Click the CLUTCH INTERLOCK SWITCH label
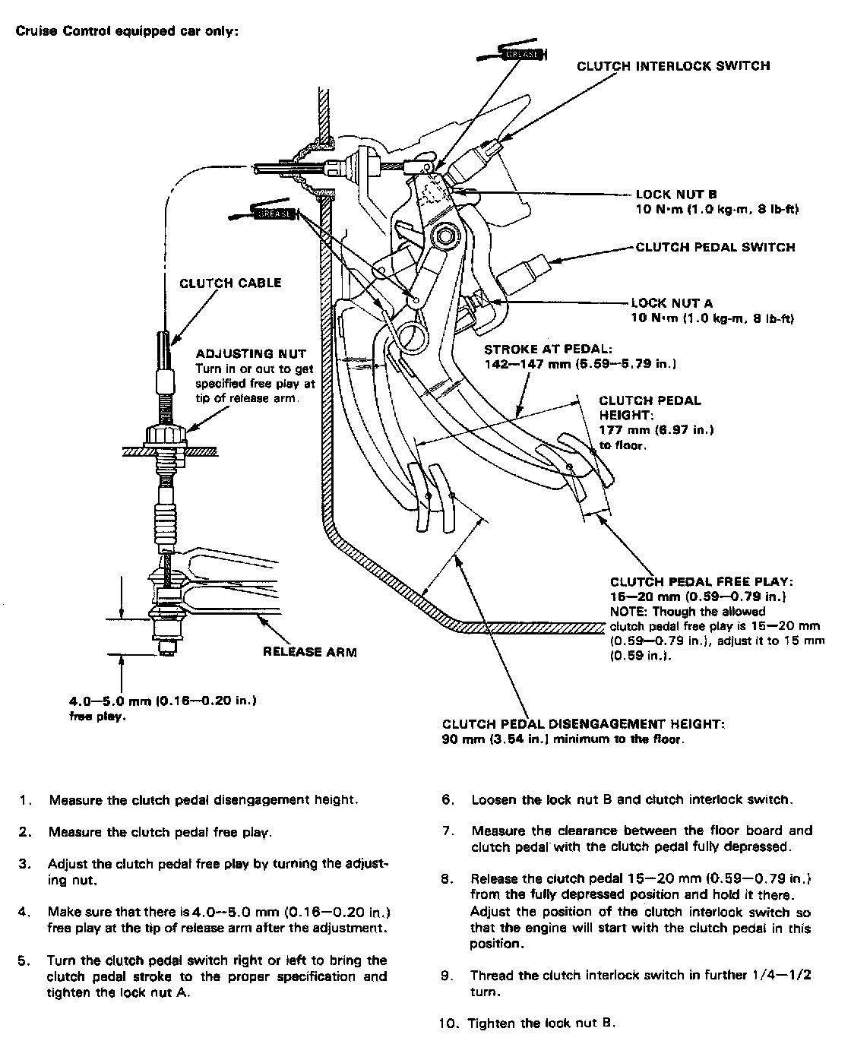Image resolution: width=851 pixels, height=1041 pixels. [673, 65]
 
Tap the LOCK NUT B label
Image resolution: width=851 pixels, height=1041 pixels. [676, 195]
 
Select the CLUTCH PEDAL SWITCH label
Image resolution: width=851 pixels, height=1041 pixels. [715, 247]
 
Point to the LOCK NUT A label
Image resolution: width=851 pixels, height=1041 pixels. [672, 303]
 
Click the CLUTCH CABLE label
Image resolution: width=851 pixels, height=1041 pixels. [230, 283]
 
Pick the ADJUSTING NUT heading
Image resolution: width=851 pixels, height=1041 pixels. [251, 353]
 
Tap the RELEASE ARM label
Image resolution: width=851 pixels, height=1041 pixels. [309, 651]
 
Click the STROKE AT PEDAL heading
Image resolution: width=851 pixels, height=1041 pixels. [548, 350]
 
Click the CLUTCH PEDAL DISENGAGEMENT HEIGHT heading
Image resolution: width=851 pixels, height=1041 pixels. [583, 724]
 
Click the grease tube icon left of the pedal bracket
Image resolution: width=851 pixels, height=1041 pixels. [270, 213]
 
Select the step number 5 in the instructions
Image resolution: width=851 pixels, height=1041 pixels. [24, 960]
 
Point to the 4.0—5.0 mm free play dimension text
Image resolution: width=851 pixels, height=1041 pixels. [163, 701]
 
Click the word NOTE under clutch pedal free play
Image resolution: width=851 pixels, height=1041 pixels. [626, 611]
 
